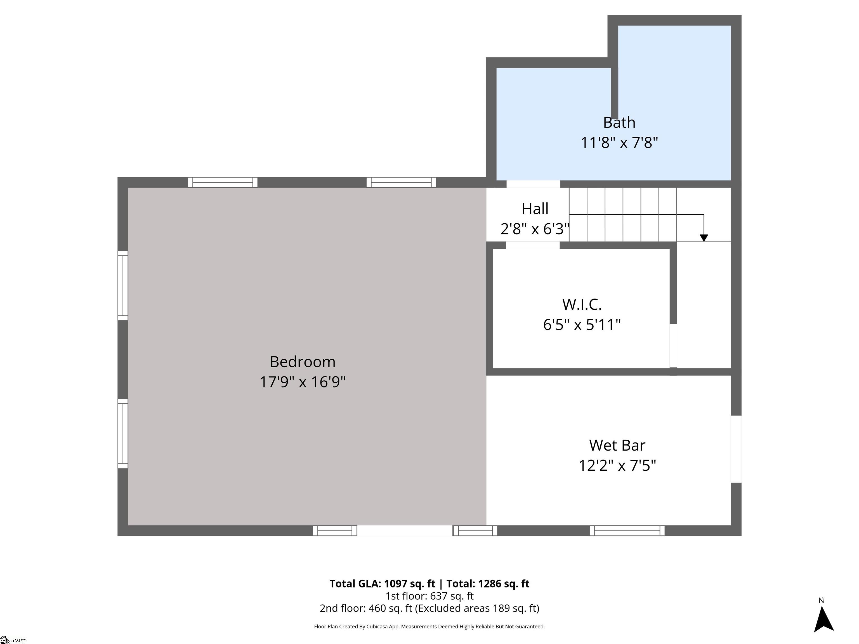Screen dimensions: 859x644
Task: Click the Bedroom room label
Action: [x=303, y=362]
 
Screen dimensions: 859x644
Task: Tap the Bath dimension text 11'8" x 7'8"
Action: [x=619, y=143]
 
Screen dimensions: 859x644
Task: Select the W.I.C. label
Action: [x=582, y=304]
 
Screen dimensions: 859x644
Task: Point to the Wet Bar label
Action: [x=617, y=445]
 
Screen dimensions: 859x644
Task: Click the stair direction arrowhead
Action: [x=704, y=238]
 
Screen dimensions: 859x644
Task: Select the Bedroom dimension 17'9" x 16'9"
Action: [x=303, y=382]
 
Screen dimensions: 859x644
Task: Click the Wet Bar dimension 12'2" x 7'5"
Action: [x=617, y=465]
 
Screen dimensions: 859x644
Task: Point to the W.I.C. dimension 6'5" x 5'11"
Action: [x=582, y=325]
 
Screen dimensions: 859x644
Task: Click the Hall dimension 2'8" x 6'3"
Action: [x=535, y=229]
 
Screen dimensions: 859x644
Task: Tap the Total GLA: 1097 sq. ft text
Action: [x=382, y=584]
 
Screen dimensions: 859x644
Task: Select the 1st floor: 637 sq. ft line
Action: [x=429, y=596]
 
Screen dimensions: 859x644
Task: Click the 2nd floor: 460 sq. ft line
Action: [x=429, y=608]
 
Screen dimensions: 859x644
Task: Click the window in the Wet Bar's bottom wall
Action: [x=627, y=531]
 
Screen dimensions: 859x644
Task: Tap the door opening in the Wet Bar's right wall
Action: [x=736, y=449]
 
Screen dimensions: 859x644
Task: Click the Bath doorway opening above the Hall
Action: [x=533, y=184]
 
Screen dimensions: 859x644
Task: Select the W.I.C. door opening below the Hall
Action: [x=532, y=245]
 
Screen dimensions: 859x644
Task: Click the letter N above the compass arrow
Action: [x=821, y=600]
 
